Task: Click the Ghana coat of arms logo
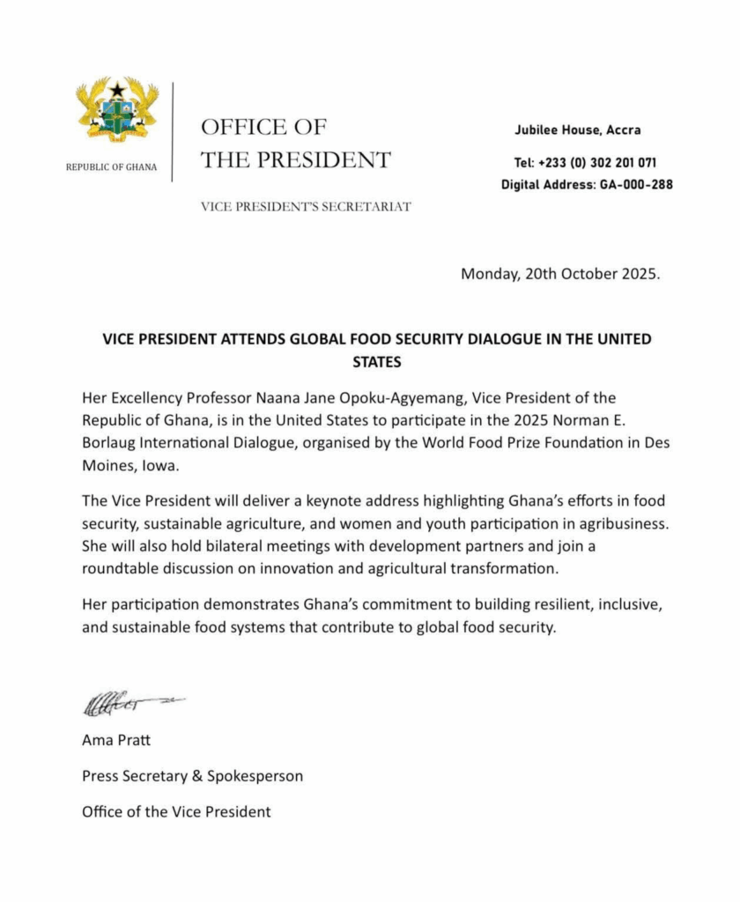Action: tap(117, 111)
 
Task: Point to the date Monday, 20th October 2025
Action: tap(559, 273)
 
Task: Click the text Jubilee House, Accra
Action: tap(578, 130)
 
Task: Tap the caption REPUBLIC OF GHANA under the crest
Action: tap(112, 167)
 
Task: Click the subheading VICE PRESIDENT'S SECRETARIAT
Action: tap(306, 208)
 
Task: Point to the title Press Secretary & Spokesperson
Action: tap(192, 776)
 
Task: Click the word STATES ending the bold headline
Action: tap(370, 361)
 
